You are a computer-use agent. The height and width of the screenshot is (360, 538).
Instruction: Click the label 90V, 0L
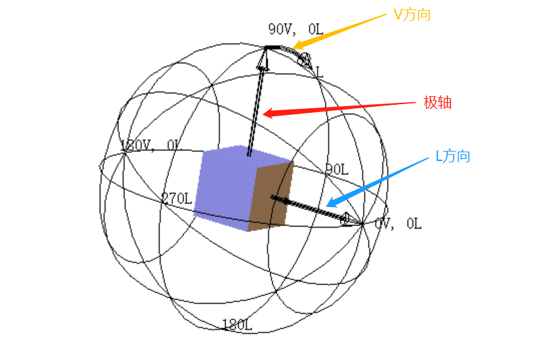point(295,29)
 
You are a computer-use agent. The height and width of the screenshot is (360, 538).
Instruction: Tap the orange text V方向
point(412,15)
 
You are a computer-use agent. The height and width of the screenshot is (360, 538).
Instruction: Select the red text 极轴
point(438,102)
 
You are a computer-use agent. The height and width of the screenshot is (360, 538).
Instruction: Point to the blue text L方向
point(452,156)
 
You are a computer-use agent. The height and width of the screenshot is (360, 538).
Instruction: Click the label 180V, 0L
point(150,146)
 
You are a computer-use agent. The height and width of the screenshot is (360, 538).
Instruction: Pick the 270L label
point(176,198)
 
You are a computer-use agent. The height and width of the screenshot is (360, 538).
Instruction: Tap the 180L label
point(237,325)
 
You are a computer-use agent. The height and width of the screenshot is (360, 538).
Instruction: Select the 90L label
point(337,170)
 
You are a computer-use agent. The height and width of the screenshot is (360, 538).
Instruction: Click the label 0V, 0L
point(398,224)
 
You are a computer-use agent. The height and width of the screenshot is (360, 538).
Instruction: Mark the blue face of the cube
point(224,186)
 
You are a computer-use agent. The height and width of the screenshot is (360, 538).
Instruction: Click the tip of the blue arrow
point(328,204)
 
